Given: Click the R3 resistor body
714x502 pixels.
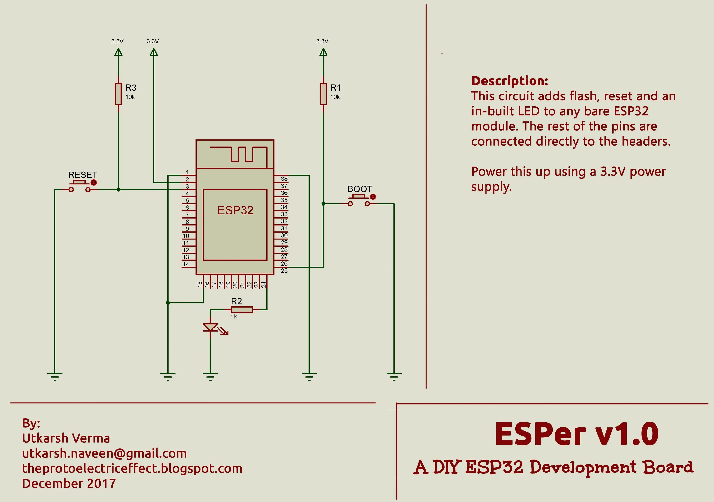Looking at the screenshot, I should [118, 94].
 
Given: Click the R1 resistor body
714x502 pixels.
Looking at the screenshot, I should [323, 94].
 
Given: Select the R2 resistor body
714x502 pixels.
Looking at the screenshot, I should [242, 309].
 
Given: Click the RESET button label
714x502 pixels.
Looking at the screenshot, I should [83, 175].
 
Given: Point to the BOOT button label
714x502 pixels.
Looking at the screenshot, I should [359, 189].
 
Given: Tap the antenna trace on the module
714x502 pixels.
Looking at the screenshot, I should [243, 154].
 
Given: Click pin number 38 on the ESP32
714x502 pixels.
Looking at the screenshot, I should [284, 179].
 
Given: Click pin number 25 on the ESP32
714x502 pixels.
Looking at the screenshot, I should [284, 271].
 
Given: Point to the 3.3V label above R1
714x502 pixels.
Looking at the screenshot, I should [322, 41].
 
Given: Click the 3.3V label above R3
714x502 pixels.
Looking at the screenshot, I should [117, 41].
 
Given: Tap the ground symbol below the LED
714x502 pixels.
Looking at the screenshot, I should [210, 376].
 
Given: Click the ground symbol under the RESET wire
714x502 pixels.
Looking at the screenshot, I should [55, 376].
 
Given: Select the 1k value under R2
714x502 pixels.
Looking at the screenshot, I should [234, 317].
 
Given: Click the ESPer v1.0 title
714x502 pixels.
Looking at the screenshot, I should [576, 434].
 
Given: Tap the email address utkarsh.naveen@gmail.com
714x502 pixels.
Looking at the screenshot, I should [104, 453].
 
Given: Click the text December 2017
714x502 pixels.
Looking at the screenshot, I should [69, 484].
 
